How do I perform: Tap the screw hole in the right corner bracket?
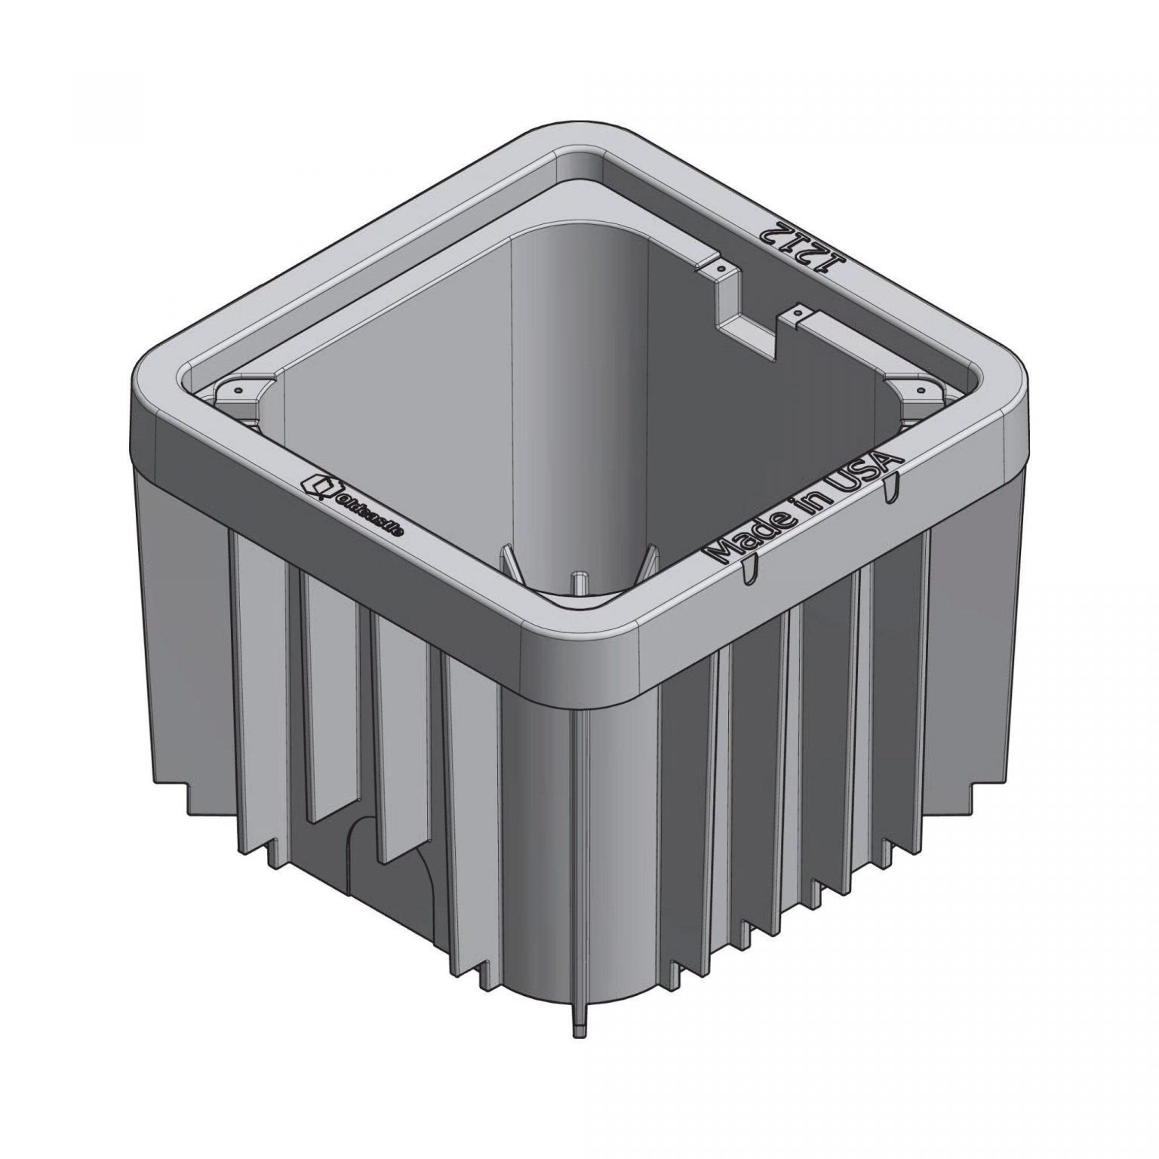923,389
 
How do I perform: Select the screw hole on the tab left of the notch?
722,268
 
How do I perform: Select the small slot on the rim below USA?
892,487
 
